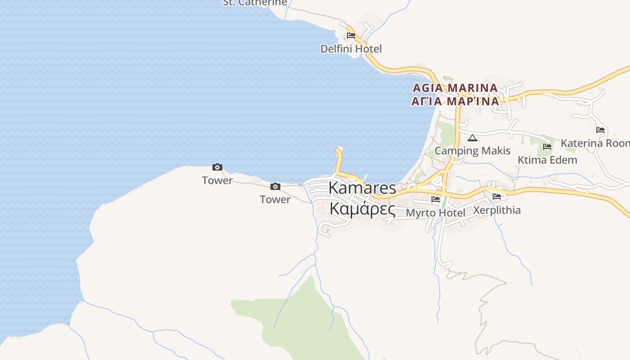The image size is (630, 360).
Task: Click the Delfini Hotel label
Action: coord(351,49)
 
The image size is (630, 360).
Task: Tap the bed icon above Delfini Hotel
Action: coord(351,36)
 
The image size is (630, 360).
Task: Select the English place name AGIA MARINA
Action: coord(454,88)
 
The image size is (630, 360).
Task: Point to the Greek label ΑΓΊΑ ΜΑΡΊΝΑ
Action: coord(455,101)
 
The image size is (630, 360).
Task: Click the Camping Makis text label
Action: coord(472,151)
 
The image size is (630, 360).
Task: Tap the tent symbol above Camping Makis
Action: coord(472,138)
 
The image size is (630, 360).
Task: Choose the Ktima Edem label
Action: coord(547,160)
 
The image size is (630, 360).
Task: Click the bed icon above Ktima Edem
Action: coord(547,147)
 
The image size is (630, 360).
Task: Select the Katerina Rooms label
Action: coord(595,144)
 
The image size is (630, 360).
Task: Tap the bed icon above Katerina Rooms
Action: coord(600,130)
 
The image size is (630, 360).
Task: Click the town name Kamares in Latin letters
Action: coord(362,188)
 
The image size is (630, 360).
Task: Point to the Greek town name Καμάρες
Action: coord(362,209)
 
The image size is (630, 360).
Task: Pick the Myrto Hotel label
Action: coord(435,212)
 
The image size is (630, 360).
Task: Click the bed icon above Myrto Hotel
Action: coord(435,199)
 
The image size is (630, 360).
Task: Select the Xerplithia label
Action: coord(497,210)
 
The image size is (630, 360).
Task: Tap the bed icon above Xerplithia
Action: coord(497,197)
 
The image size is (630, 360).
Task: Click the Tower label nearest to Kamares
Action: coord(275,199)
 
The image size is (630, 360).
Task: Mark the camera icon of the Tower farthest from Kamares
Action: coord(217,167)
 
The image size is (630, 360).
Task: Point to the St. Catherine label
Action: coord(255,3)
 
